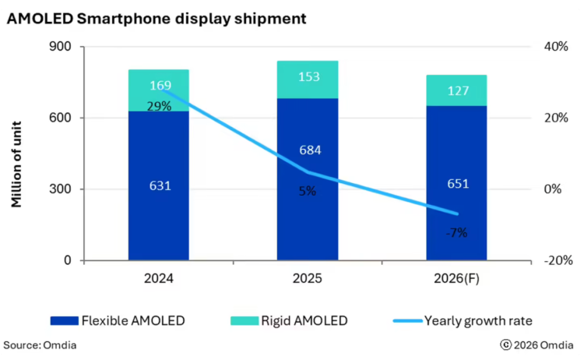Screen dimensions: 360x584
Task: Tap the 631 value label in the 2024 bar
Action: (x=160, y=186)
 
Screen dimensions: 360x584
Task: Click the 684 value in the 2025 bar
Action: (x=308, y=150)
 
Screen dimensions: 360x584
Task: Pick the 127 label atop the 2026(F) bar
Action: (x=457, y=91)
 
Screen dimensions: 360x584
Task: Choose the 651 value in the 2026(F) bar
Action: (x=457, y=185)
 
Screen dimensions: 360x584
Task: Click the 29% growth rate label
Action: (x=160, y=106)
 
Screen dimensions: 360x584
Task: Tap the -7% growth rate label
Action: (x=457, y=232)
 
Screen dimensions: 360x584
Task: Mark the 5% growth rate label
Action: (x=308, y=191)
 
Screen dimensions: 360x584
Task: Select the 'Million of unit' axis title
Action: (x=16, y=164)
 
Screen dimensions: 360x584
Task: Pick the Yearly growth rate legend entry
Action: (x=467, y=320)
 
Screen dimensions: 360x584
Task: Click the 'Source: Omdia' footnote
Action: (x=40, y=344)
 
